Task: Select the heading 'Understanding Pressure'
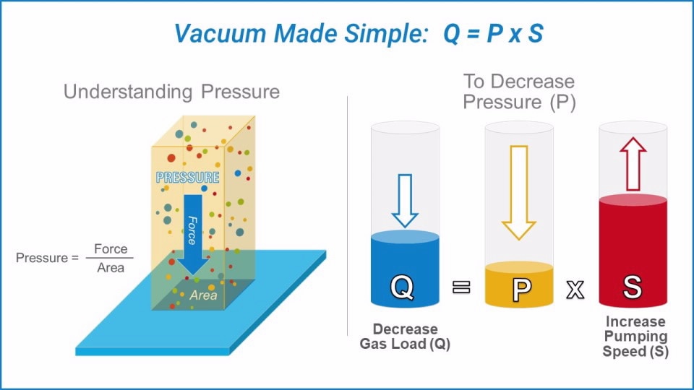coord(171,92)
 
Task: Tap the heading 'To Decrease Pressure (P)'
coord(519,92)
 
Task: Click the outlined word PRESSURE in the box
coord(188,178)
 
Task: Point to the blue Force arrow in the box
coord(192,231)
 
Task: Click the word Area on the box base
coord(203,295)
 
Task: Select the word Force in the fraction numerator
coord(111,249)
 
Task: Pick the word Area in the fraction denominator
coord(110,267)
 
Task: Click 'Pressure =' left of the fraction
coord(47,258)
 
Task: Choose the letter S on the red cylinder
coord(633,287)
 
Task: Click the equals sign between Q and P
coord(461,287)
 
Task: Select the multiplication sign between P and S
coord(575,289)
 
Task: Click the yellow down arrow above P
coord(519,192)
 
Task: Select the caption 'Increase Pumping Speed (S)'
coord(635,337)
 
